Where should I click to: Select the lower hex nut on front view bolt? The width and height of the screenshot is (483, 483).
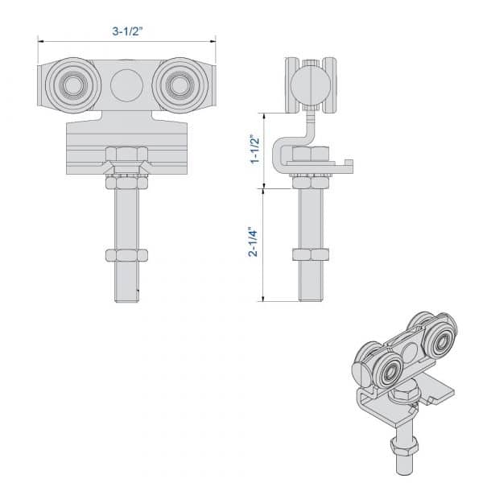126,255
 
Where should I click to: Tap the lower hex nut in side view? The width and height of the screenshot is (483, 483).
311,255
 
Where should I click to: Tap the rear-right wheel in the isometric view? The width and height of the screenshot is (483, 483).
440,342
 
